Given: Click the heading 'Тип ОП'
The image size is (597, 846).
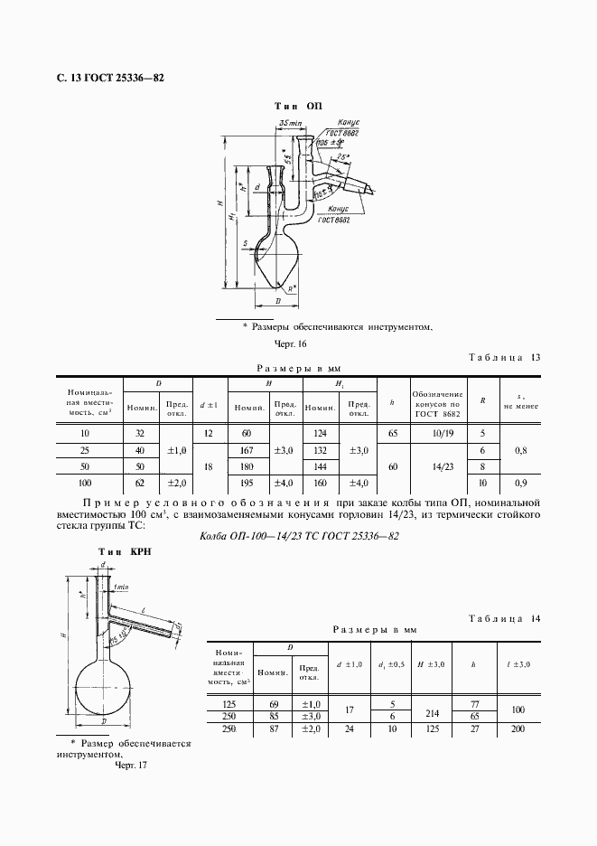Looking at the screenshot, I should click(297, 106).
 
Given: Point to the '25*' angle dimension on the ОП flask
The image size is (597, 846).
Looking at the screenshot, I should click(341, 157).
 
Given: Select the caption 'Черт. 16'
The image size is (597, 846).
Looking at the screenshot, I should click(291, 343).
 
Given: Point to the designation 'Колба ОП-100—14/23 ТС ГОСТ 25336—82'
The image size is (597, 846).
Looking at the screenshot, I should click(299, 536).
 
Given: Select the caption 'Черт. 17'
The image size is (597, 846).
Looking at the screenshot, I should click(131, 765).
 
